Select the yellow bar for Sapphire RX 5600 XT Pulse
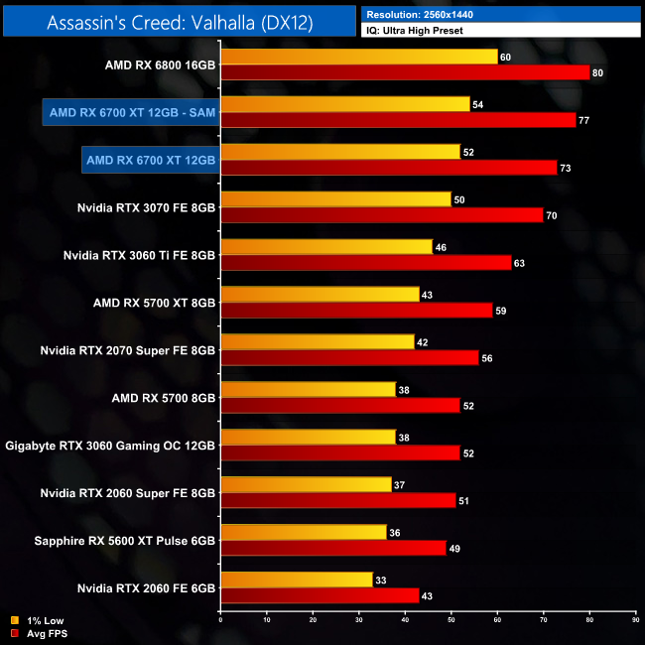pos(303,532)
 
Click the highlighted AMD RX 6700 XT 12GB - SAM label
pos(130,112)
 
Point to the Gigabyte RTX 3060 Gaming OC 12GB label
pos(110,446)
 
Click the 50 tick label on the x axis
pos(451,620)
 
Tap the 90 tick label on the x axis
pos(635,620)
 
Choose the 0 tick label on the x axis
pos(220,620)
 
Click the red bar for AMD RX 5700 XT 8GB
pos(357,310)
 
